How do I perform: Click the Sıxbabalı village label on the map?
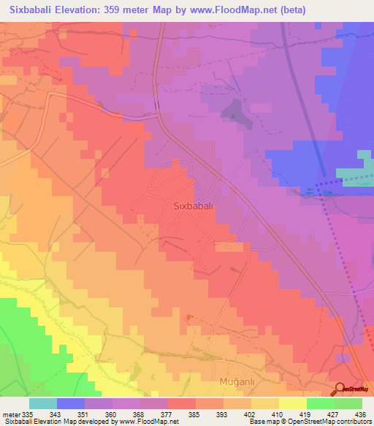click(193, 206)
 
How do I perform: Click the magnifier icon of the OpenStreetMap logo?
click(340, 389)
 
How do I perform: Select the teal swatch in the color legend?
click(42, 403)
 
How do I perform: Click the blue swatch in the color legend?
click(70, 403)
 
